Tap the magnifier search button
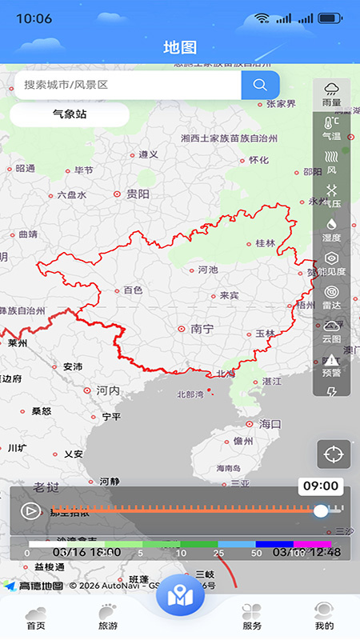pos(260,85)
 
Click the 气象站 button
pos(70,114)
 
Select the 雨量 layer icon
pos(331,94)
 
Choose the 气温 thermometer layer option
pos(331,128)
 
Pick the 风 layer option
pos(331,162)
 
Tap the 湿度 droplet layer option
pos(331,229)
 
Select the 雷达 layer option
pos(331,296)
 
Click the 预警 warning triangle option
pos(331,364)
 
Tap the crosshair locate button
pos(334,454)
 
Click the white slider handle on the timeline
pos(321,510)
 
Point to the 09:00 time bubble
pos(321,486)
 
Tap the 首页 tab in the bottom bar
pos(35,616)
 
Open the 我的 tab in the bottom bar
pos(324,616)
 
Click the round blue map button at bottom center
pos(180,596)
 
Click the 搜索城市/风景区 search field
pos(128,85)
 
